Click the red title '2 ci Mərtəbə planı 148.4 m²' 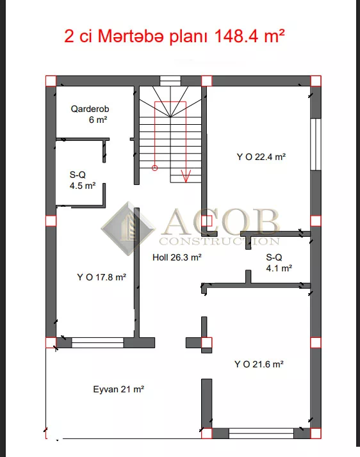[x=174, y=36]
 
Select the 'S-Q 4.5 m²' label [x=83, y=180]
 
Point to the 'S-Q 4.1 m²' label [x=279, y=262]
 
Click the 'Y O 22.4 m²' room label [x=261, y=157]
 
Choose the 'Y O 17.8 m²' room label [x=101, y=277]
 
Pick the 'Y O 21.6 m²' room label [x=259, y=364]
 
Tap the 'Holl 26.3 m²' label [x=177, y=257]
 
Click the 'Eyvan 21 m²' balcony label [x=119, y=389]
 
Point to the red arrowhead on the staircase [x=186, y=176]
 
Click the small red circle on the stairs [x=154, y=168]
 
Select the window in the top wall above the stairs [x=170, y=81]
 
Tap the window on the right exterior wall [x=316, y=144]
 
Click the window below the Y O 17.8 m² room [x=97, y=343]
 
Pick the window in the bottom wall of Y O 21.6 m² [x=261, y=433]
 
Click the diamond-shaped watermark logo [x=128, y=228]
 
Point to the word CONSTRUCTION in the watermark [x=219, y=241]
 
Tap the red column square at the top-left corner [x=51, y=81]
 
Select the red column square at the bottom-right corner [x=316, y=433]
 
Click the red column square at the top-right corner [x=316, y=81]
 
